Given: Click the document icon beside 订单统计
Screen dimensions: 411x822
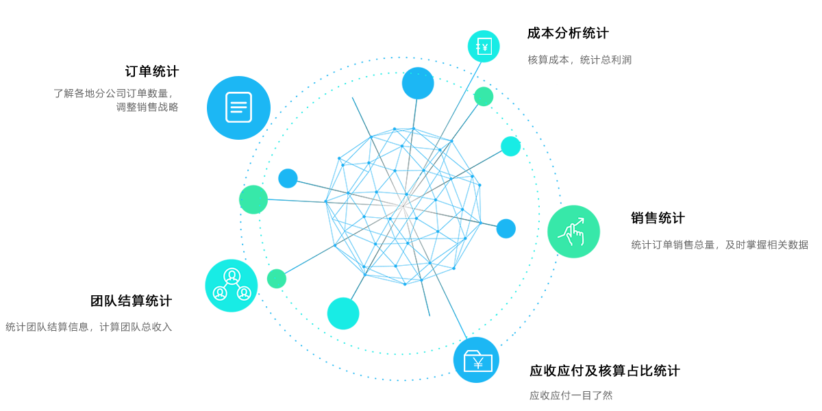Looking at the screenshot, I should coord(238,107).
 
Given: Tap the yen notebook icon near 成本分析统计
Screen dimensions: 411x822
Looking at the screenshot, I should coord(484,47).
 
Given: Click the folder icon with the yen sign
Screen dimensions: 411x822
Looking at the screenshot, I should coord(477,361).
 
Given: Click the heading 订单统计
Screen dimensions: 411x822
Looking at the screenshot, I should coord(152,71).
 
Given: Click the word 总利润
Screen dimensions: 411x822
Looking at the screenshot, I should coord(616,60).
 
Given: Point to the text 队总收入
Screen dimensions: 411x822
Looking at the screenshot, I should coord(152,327).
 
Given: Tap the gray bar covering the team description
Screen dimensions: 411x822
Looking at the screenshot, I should coord(68,327).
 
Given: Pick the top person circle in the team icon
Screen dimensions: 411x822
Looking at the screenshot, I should coord(232,275).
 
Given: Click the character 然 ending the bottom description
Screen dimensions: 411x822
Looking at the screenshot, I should coord(607,395).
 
